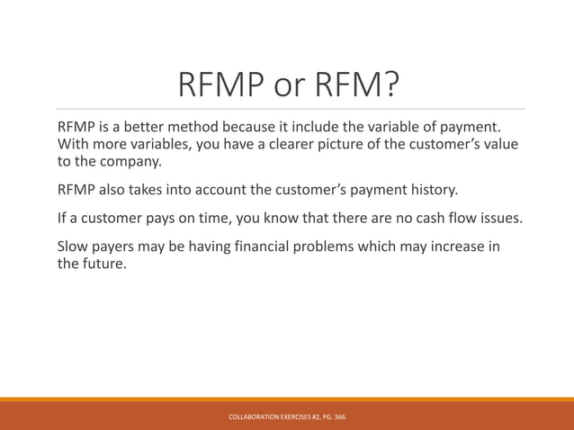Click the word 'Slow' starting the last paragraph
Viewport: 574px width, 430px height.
(x=75, y=246)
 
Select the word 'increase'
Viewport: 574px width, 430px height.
(x=449, y=246)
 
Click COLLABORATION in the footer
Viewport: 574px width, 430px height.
(x=256, y=417)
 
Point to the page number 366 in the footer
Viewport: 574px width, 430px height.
(x=339, y=417)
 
